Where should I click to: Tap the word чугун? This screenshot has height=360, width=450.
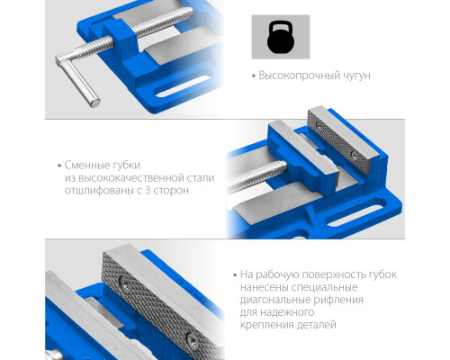click(x=356, y=76)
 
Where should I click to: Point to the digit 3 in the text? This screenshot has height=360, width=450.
click(x=148, y=191)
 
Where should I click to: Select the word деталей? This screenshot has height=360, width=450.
click(x=317, y=325)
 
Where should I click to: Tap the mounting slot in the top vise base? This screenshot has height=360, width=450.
click(x=184, y=87)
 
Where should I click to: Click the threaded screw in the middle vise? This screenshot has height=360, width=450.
click(x=256, y=176)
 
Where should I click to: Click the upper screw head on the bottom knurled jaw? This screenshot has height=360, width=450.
click(x=123, y=283)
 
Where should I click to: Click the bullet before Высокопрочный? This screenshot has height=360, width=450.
click(x=254, y=76)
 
